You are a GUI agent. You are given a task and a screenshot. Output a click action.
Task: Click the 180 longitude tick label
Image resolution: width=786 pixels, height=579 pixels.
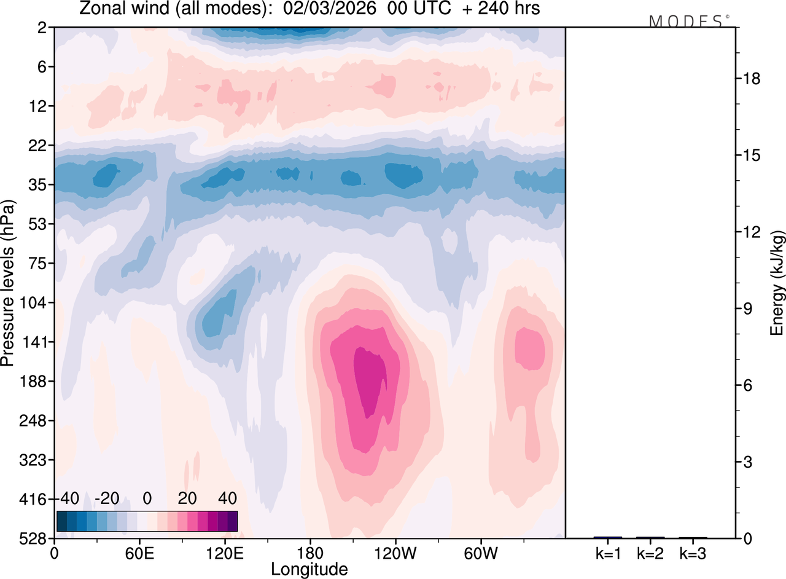(309, 553)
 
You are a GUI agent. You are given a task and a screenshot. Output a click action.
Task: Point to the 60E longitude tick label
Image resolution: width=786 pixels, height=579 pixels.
(139, 553)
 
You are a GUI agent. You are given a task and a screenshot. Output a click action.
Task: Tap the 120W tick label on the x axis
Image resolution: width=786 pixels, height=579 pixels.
(395, 553)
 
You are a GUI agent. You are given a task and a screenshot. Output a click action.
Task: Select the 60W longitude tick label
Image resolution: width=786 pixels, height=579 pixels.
(480, 553)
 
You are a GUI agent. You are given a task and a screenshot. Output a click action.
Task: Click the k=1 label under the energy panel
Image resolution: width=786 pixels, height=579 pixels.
(608, 553)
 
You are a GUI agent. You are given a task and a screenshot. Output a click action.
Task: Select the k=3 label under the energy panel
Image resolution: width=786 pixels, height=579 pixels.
(693, 553)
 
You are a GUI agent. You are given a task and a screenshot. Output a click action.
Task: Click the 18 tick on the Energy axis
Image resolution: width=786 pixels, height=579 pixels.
(752, 79)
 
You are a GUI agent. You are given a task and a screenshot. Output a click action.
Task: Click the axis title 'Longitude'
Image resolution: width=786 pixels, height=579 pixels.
(309, 569)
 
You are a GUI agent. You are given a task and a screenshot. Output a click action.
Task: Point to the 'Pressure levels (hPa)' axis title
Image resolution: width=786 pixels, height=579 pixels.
(8, 283)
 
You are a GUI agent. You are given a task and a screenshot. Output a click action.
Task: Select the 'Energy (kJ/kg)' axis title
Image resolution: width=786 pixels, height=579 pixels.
(777, 283)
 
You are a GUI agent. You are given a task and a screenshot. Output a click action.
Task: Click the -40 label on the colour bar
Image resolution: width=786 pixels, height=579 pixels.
(69, 497)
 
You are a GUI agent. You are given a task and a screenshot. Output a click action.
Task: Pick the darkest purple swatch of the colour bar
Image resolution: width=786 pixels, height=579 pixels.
(232, 521)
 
